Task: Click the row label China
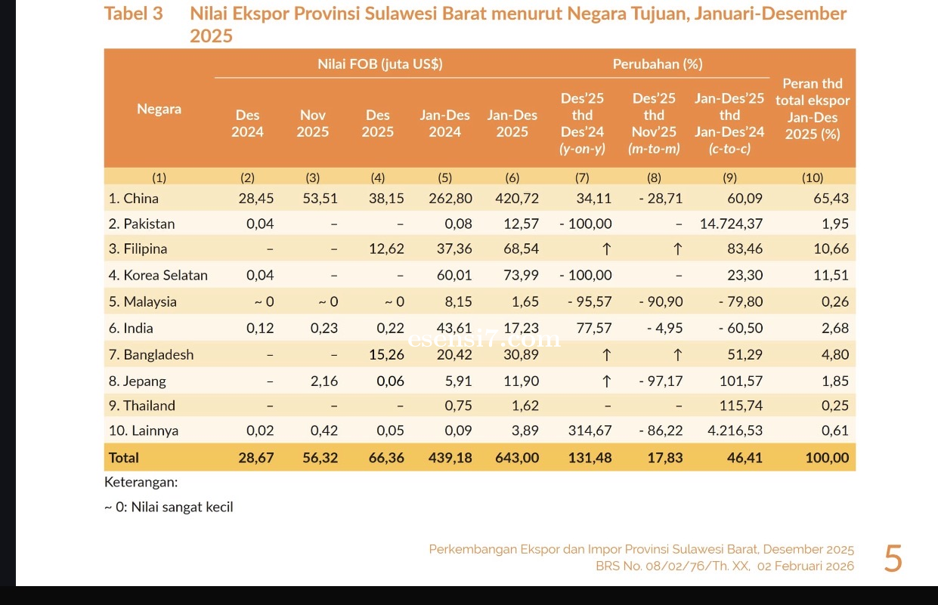(x=133, y=199)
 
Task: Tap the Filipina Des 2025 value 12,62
(x=385, y=248)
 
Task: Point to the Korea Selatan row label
(x=157, y=275)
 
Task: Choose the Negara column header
(x=159, y=109)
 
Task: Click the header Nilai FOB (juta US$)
(x=379, y=64)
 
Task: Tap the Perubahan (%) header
(x=657, y=64)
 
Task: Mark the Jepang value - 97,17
(x=661, y=381)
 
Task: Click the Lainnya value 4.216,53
(x=735, y=431)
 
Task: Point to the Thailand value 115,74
(x=741, y=406)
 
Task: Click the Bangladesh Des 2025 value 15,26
(x=385, y=354)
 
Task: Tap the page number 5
(x=893, y=560)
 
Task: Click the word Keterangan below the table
(x=141, y=482)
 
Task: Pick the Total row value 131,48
(x=590, y=457)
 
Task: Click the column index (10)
(x=812, y=177)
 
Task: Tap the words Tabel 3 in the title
(x=133, y=14)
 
